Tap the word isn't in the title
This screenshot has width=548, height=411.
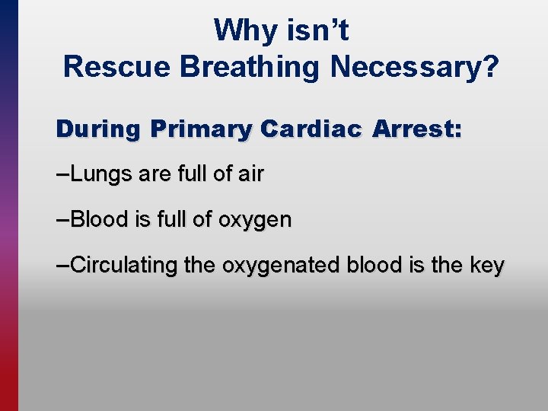point(315,31)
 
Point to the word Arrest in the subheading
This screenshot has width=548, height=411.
point(412,129)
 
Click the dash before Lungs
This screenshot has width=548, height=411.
point(62,174)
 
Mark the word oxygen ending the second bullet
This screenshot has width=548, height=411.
point(255,221)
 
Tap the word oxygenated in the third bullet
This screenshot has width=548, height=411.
point(280,266)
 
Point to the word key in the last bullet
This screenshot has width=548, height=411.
point(487,266)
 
